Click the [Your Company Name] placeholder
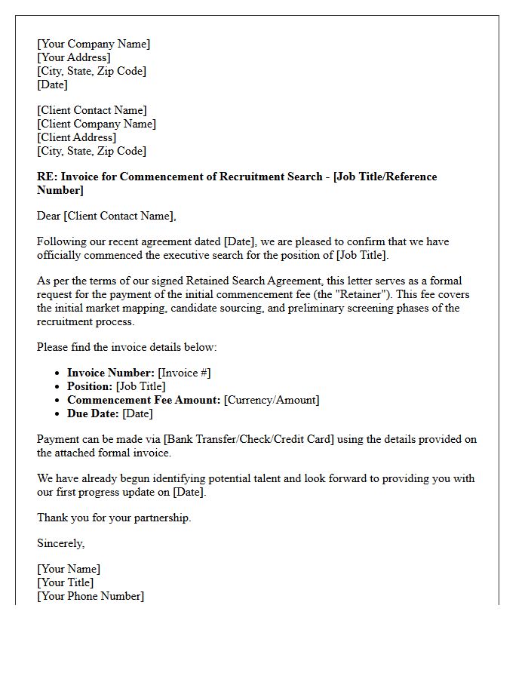pos(94,44)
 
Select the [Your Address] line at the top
pos(74,57)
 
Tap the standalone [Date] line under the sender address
pos(53,84)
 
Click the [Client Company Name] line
pos(97,124)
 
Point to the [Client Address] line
pos(77,137)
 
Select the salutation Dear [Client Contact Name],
pos(106,216)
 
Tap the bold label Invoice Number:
pos(111,373)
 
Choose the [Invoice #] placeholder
pos(185,373)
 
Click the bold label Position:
pos(90,386)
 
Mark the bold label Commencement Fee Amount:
pos(143,400)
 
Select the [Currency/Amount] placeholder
pos(272,400)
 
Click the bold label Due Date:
pos(93,413)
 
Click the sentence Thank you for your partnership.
pos(114,518)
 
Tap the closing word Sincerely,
pos(61,543)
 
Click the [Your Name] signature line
pos(69,569)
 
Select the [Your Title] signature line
pos(66,582)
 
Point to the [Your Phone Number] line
pos(91,596)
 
